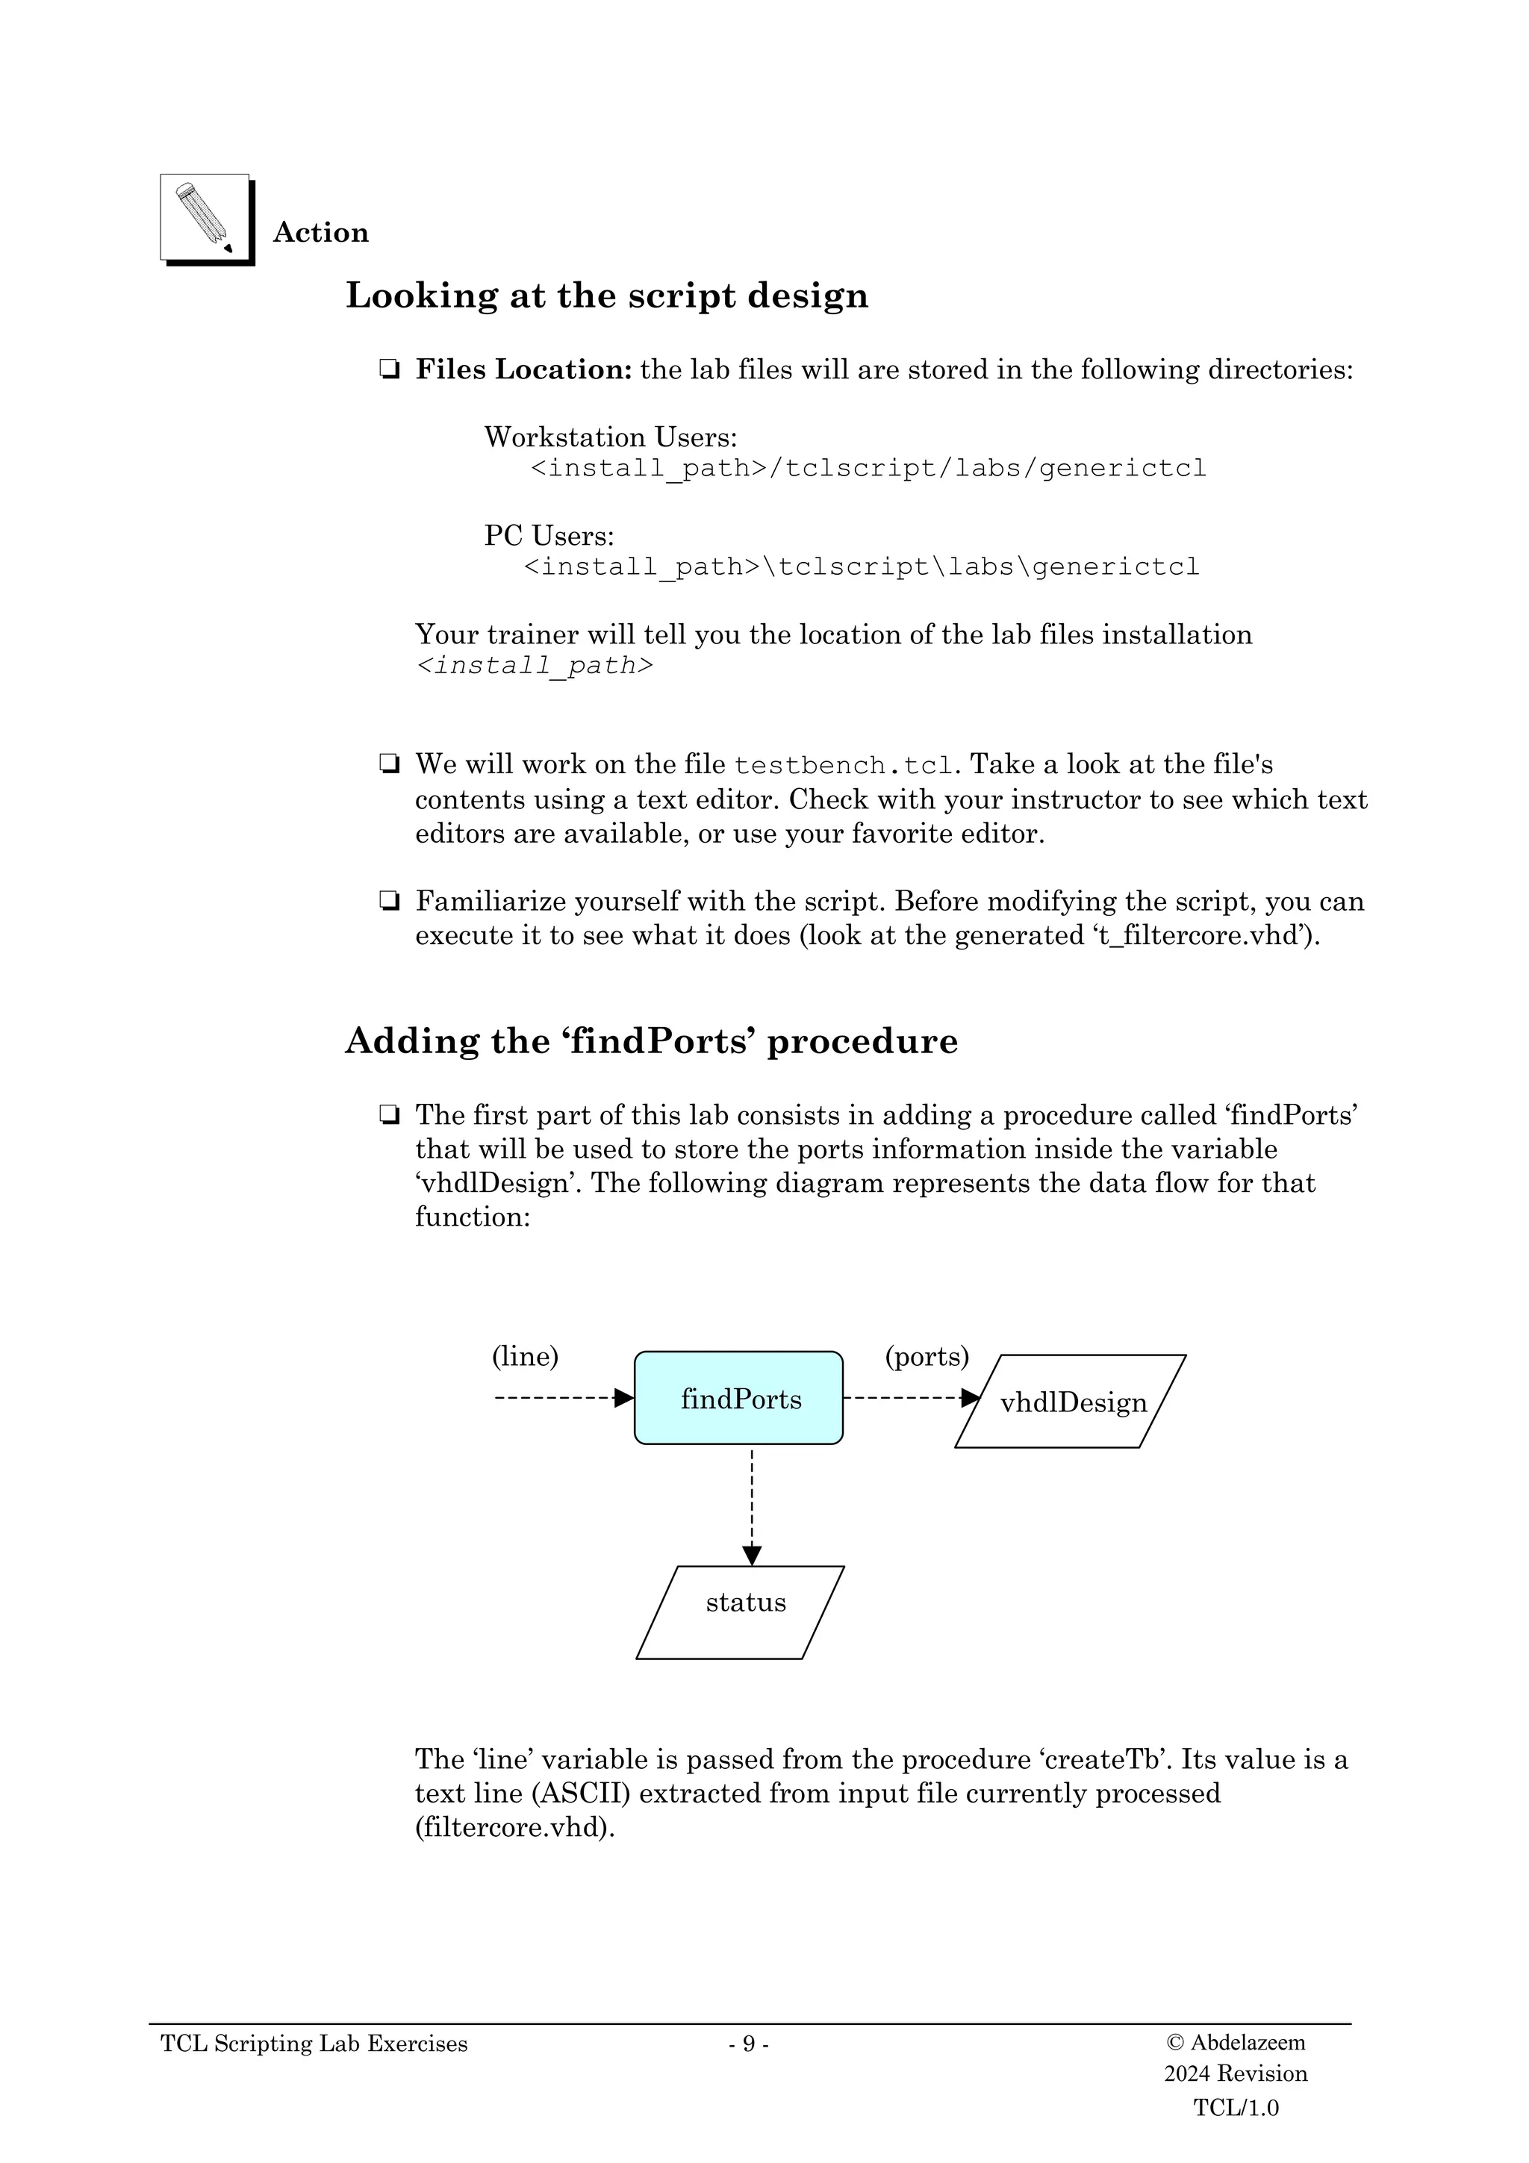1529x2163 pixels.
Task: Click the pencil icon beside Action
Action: pyautogui.click(x=205, y=218)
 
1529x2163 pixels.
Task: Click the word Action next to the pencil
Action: pyautogui.click(x=320, y=233)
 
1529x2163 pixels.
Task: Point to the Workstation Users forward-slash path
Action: pyautogui.click(x=868, y=468)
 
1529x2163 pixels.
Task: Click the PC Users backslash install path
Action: pyautogui.click(x=861, y=567)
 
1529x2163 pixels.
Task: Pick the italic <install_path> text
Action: pyautogui.click(x=534, y=666)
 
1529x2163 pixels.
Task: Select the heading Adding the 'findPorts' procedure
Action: pyautogui.click(x=651, y=1041)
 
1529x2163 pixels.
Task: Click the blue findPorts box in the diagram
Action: pyautogui.click(x=738, y=1399)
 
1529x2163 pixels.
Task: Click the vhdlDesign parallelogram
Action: pyautogui.click(x=1071, y=1402)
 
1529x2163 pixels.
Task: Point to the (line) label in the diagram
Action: pyautogui.click(x=525, y=1357)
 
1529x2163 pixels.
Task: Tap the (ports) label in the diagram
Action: pyautogui.click(x=926, y=1357)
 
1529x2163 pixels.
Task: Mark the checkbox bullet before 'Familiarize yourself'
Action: pyautogui.click(x=388, y=902)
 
